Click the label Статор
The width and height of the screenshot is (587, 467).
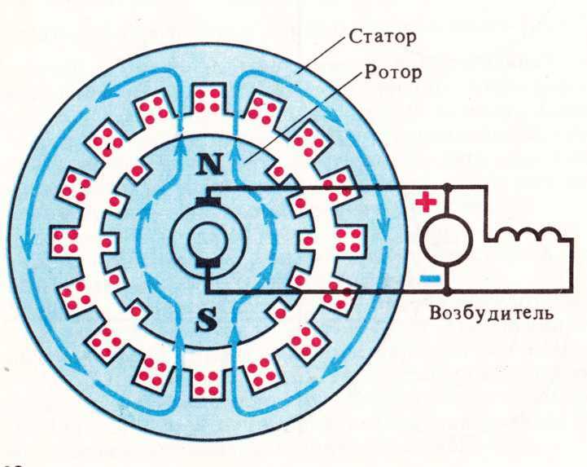click(382, 37)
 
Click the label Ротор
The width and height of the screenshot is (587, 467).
click(393, 72)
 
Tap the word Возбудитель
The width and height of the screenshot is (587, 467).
click(491, 313)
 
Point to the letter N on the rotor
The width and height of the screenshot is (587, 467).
click(210, 164)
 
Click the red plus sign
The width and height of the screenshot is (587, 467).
click(426, 202)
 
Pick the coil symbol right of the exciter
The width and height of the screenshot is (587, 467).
click(528, 235)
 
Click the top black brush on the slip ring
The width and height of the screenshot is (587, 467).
click(207, 201)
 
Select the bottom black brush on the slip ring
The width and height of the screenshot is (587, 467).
click(207, 263)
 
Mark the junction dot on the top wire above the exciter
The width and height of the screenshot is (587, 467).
click(447, 186)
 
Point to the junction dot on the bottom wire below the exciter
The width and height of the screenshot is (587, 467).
click(447, 291)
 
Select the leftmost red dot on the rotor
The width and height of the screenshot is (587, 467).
click(107, 243)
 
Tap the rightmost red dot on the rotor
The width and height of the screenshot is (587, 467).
click(308, 241)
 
